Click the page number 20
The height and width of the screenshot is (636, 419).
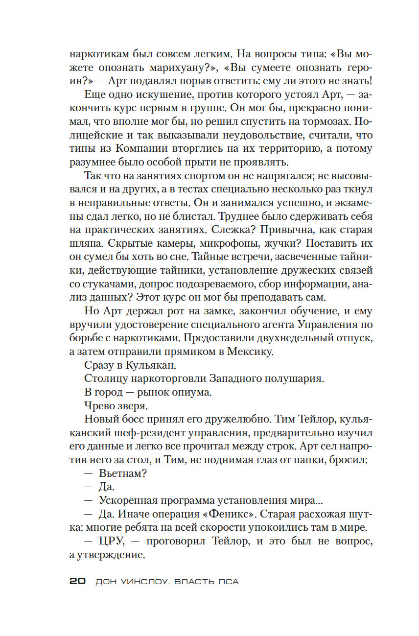78,581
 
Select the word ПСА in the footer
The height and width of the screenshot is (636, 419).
229,582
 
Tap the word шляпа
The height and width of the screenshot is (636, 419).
86,244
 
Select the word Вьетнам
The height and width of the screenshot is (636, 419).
123,473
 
